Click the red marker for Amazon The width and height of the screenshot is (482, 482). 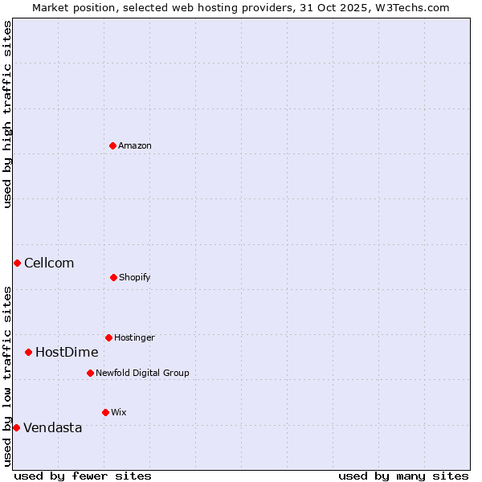[x=113, y=145]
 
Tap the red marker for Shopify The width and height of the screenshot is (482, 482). [x=113, y=277]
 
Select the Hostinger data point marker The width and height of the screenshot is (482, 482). [x=108, y=337]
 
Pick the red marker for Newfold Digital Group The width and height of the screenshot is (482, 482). [x=90, y=373]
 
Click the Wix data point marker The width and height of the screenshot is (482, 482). [x=105, y=412]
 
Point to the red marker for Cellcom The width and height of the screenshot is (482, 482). [x=17, y=263]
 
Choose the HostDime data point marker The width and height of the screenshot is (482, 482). [x=28, y=352]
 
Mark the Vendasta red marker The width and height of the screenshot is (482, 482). [x=16, y=427]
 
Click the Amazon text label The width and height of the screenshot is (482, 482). [x=135, y=145]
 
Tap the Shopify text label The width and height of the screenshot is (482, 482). [x=135, y=277]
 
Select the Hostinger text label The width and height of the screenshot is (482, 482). [x=134, y=337]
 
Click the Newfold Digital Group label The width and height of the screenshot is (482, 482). [x=142, y=373]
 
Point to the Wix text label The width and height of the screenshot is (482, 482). [x=119, y=412]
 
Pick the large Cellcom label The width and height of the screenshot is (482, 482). [x=49, y=263]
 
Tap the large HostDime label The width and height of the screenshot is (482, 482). [x=67, y=352]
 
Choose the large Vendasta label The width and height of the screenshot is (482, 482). [x=53, y=427]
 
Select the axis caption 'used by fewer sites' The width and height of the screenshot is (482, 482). [x=83, y=476]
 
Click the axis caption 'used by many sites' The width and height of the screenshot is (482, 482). [x=403, y=476]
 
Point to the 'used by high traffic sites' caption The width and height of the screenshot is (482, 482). [x=7, y=114]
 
